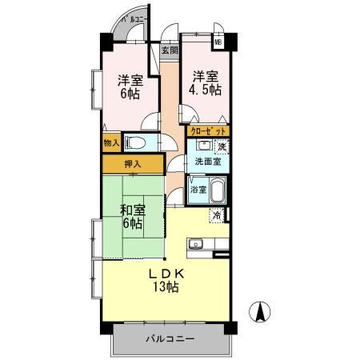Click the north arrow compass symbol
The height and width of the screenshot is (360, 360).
(260, 312)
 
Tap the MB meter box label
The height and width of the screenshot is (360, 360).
(218, 42)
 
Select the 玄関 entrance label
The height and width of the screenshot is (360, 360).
(170, 50)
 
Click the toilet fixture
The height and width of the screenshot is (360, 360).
(135, 142)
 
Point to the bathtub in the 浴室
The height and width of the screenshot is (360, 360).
(218, 190)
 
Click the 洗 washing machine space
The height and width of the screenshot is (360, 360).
(222, 147)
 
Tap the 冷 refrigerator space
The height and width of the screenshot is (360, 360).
(218, 215)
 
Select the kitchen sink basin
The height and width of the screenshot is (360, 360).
(195, 244)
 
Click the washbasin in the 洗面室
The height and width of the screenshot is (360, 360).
(205, 146)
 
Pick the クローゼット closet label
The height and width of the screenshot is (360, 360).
(208, 131)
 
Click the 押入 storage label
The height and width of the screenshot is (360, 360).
(133, 164)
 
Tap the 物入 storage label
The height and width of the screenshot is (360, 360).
(111, 143)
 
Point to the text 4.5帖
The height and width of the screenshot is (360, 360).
(205, 90)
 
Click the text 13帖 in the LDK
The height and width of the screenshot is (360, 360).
(166, 286)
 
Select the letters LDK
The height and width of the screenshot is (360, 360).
(166, 274)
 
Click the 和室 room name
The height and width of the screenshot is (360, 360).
(133, 210)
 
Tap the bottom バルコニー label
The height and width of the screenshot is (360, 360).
(170, 339)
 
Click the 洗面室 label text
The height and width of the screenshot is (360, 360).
(208, 162)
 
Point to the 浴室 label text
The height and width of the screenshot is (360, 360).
(198, 190)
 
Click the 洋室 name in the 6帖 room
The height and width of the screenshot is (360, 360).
(130, 80)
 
